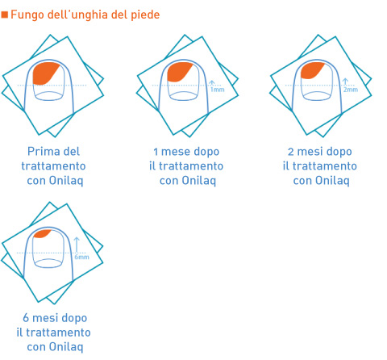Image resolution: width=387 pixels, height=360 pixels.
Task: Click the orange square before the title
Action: (x=5, y=15)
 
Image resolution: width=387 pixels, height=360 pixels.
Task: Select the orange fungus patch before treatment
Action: (x=45, y=73)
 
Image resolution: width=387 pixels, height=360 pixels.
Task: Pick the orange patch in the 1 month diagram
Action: (x=178, y=72)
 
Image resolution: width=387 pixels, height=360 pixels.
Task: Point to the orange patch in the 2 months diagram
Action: (x=311, y=70)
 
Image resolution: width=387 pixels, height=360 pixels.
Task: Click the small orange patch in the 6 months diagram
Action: (x=42, y=234)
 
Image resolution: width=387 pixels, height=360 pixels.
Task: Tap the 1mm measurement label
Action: (x=217, y=90)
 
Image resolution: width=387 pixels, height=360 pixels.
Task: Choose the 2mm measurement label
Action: (x=351, y=90)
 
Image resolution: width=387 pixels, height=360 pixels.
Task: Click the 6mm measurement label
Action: (x=81, y=257)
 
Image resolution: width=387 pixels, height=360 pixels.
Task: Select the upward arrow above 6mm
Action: (x=77, y=245)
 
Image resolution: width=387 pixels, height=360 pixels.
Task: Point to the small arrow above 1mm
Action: (x=212, y=83)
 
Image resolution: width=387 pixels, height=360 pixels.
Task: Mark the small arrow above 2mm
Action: (x=345, y=82)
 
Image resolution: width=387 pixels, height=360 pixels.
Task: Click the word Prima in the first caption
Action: (x=40, y=152)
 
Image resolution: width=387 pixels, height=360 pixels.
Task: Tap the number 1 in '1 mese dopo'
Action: (x=156, y=152)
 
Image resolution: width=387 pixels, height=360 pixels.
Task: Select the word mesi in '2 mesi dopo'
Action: (x=309, y=152)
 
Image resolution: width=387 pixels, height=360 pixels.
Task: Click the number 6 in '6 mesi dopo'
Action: (x=26, y=318)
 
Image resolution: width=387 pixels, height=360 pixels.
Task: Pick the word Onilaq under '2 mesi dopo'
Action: (x=332, y=181)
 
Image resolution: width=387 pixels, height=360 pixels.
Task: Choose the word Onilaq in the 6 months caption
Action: (x=66, y=347)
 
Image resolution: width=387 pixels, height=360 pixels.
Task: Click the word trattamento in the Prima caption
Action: (x=53, y=166)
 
